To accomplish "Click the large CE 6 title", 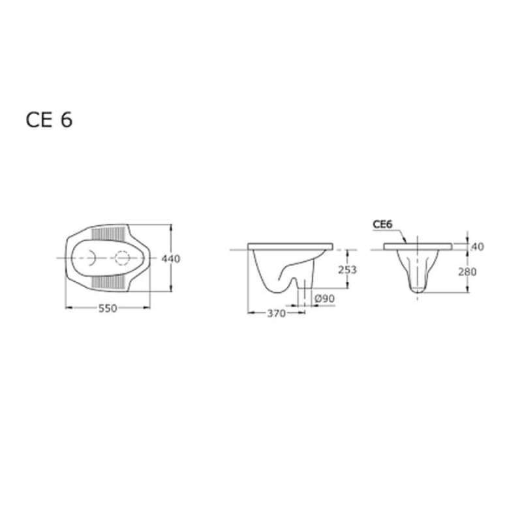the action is coord(49,120).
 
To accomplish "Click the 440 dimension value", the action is coord(171,258).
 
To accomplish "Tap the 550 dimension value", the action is coord(108,308).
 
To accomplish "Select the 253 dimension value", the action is coord(348,269).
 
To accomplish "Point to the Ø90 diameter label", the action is coord(324,299).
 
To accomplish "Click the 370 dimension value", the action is coord(276,313).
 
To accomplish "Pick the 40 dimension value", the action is coord(478,247).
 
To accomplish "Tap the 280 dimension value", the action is coord(467,272).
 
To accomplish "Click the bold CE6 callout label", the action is coord(382,224).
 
